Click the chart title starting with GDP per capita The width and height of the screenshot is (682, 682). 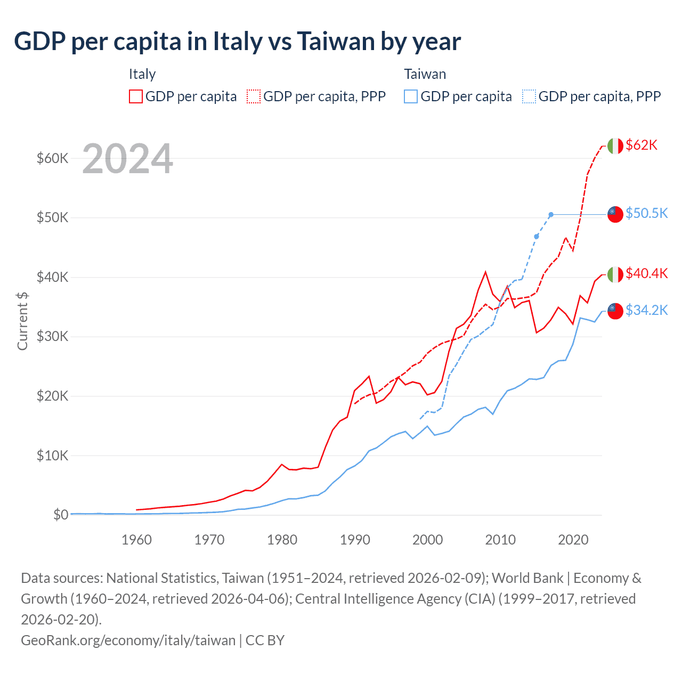coord(237,42)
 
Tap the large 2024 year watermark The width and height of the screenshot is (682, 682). coord(127,159)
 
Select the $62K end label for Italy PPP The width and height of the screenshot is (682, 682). coord(642,145)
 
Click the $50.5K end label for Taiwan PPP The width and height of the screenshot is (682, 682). coord(646,213)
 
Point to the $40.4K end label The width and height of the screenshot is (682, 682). coord(646,273)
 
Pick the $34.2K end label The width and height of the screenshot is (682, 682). coord(646,310)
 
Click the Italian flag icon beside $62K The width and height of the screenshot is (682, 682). coord(615,145)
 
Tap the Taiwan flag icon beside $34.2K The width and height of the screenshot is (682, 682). coord(615,311)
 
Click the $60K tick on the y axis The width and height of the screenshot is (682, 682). coord(52,158)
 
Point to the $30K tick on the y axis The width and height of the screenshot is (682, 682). coord(52,336)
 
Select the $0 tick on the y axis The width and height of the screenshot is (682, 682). coord(61,515)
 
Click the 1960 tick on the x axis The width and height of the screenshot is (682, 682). coord(136,540)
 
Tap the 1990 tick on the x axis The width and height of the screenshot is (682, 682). coord(355,540)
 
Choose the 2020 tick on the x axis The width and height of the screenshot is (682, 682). coord(573,540)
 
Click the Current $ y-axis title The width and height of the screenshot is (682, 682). coord(22,321)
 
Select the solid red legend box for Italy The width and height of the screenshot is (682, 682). coord(136,96)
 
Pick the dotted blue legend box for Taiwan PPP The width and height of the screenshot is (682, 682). coord(529,96)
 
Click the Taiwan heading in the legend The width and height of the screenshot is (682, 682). coord(425,74)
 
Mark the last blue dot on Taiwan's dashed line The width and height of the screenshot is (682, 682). coord(551,215)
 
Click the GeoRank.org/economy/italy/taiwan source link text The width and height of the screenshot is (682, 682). coord(128,640)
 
